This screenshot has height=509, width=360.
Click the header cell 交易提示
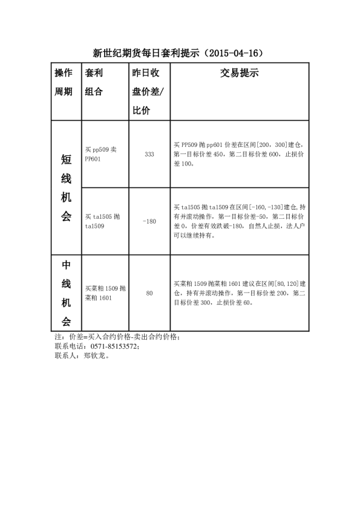(238, 74)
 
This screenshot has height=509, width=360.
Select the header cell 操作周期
(64, 82)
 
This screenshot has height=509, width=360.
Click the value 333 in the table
(149, 154)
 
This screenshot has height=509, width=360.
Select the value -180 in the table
(149, 221)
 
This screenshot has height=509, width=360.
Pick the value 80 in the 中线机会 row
(149, 293)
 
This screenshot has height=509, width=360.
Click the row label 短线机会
(66, 188)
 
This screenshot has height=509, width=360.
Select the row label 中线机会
(66, 293)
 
